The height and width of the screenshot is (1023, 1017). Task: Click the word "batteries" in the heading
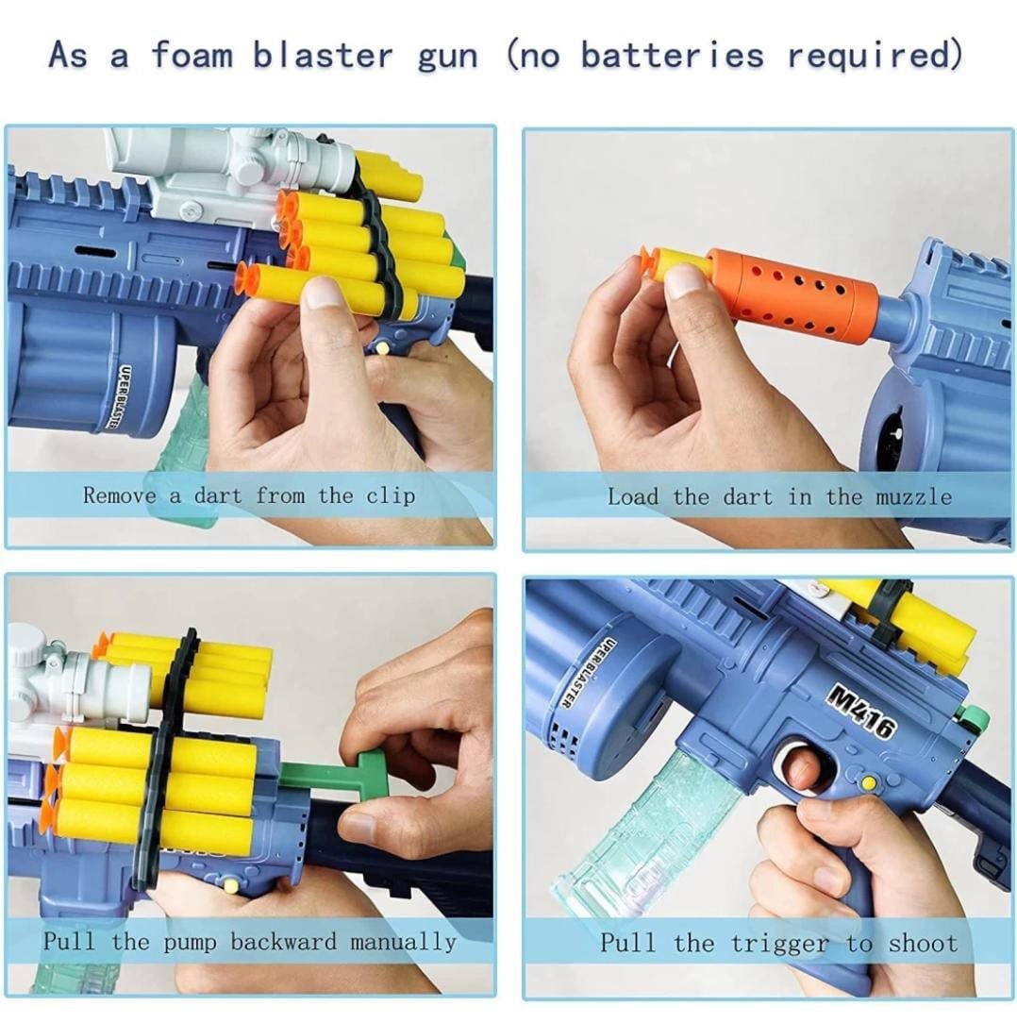(673, 55)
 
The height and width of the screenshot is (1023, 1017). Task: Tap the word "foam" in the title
(192, 54)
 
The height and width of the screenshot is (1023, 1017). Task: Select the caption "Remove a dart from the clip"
(249, 495)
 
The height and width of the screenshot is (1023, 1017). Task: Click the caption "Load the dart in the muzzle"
(779, 497)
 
